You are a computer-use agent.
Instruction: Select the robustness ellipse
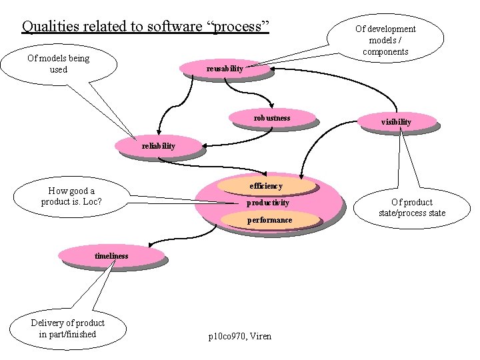(271, 118)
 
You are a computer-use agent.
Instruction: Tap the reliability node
(158, 146)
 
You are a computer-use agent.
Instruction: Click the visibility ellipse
(396, 122)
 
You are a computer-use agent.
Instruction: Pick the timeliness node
(111, 255)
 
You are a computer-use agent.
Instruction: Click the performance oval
(269, 220)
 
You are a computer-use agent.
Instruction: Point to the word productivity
(268, 203)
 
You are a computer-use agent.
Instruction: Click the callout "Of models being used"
(59, 64)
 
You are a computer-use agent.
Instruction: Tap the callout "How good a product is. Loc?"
(71, 196)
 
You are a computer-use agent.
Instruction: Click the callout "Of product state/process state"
(411, 207)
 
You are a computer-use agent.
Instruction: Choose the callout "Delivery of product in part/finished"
(67, 329)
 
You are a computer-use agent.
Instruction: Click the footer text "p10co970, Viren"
(240, 337)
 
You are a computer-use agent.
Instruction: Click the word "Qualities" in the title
(51, 26)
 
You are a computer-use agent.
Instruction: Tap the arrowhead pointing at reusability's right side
(273, 69)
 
